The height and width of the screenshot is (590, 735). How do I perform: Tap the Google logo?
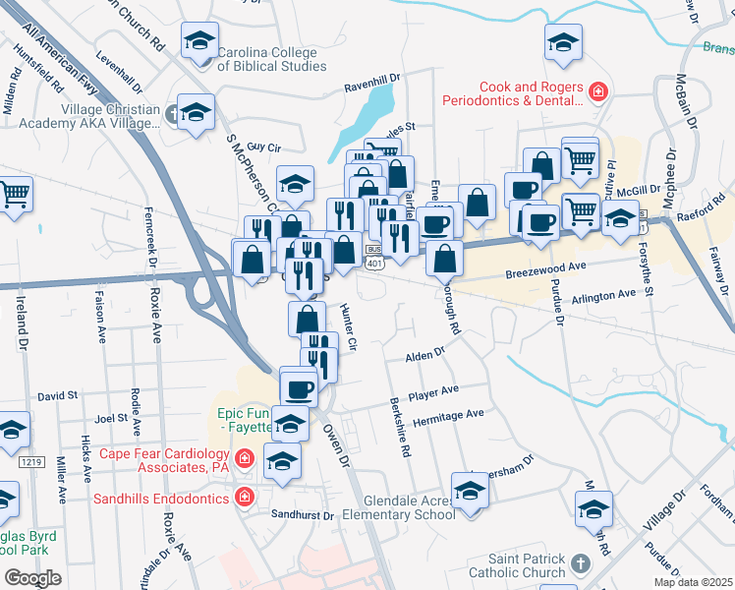point(31,578)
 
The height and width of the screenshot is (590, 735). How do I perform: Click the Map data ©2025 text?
point(693,582)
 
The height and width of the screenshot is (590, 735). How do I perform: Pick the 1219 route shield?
point(31,461)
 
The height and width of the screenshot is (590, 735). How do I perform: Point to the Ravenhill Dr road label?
point(372,88)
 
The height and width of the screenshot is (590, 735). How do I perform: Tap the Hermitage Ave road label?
point(448,415)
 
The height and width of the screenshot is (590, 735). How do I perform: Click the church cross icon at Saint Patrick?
point(580,564)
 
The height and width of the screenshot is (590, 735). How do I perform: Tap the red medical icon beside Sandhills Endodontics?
point(244,499)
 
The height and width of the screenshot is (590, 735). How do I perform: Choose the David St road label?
point(58,395)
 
